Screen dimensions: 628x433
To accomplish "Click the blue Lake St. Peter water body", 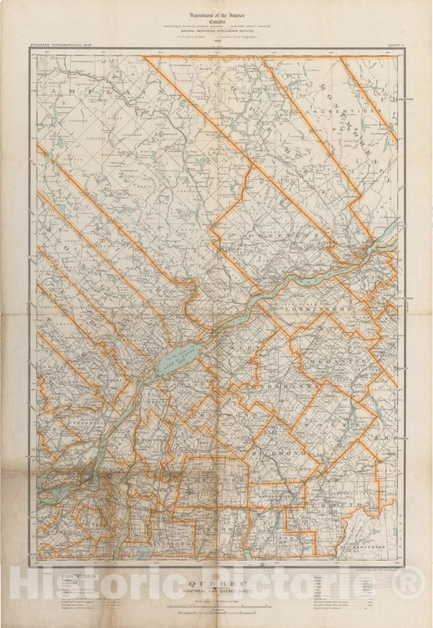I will pos(180,356).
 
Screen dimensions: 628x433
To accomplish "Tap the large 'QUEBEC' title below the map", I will pos(216,583).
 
